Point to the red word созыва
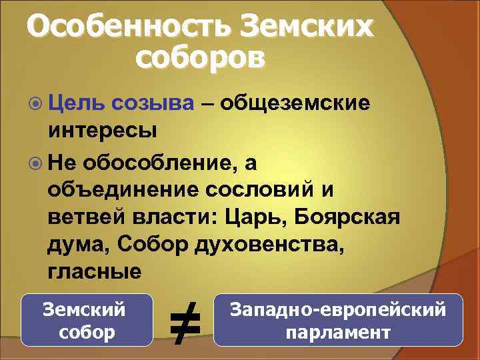pos(153,103)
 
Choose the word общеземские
pos(295,103)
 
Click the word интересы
pos(102,130)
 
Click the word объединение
pos(123,189)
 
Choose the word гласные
pos(94,272)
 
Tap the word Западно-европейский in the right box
pos(337,309)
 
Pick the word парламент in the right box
pos(337,332)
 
